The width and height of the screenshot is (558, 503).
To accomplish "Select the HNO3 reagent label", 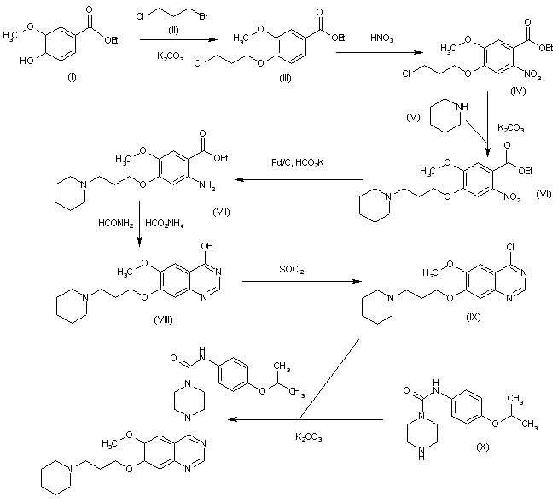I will tap(381, 38).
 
